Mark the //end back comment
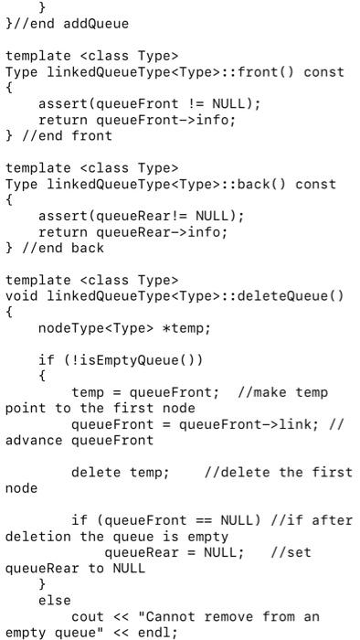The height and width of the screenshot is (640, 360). (58, 248)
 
